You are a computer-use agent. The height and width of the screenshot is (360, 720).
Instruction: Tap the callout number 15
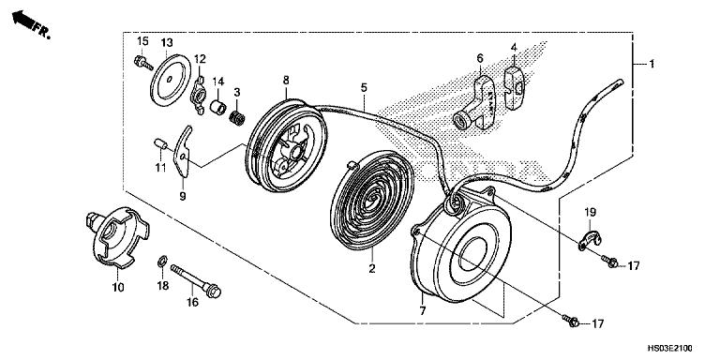[142, 41]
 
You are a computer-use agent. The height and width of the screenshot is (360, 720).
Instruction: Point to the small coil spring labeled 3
[238, 119]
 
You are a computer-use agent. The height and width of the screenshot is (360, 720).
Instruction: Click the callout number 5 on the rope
[363, 87]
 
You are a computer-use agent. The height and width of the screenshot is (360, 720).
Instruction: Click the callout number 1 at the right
[642, 64]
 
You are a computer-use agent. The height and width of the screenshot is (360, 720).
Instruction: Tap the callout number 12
[199, 59]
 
